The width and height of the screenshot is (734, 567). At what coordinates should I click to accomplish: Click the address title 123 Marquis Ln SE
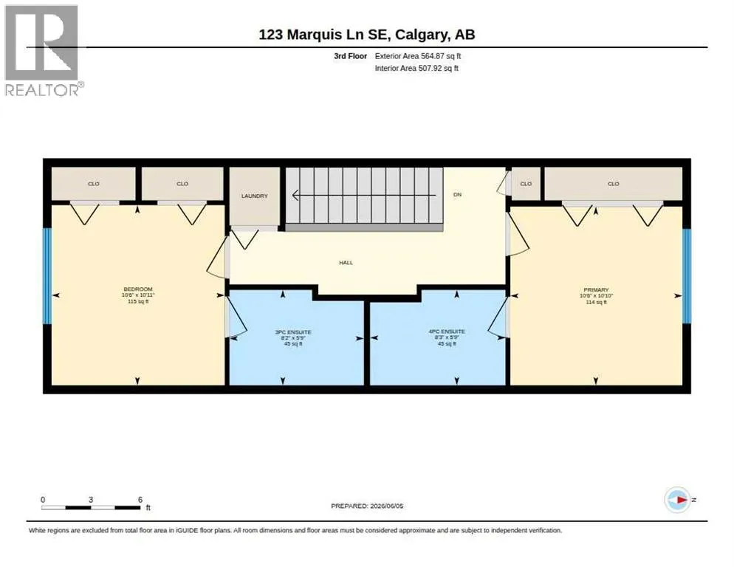325,35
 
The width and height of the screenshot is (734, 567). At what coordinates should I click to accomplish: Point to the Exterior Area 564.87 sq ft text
417,56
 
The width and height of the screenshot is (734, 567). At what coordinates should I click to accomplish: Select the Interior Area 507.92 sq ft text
416,69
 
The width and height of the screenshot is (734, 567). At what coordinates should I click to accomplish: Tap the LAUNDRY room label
254,196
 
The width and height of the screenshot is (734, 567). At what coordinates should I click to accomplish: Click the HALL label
346,263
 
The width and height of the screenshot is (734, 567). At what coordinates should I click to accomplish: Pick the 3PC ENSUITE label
293,332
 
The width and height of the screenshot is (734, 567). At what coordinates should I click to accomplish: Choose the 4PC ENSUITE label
447,331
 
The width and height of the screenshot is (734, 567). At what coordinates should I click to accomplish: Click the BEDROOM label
138,289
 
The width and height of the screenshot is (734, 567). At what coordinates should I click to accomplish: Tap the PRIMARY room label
596,290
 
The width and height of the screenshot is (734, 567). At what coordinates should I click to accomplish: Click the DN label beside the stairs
457,194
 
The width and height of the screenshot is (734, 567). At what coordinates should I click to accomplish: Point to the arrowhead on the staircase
295,195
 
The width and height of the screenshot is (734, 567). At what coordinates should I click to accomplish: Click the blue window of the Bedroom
47,276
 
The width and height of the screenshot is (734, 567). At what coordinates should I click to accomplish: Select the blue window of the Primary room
686,276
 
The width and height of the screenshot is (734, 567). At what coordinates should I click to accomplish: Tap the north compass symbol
677,500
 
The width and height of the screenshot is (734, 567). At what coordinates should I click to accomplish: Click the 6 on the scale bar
140,500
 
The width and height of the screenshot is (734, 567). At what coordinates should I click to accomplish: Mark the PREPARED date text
367,506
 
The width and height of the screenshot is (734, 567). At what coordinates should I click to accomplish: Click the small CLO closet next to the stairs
526,184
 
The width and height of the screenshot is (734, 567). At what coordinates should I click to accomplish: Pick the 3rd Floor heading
350,56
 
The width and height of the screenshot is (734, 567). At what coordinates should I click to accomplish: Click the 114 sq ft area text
596,303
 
